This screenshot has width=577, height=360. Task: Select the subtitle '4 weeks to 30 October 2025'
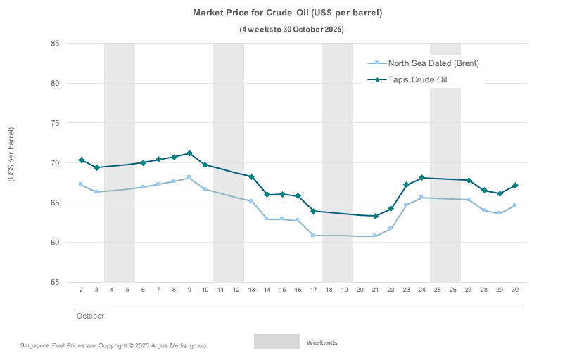[292, 30]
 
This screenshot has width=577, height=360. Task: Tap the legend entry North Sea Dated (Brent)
[433, 63]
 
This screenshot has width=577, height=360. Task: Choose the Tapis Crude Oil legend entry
[418, 80]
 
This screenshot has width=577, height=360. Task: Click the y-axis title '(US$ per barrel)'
[11, 154]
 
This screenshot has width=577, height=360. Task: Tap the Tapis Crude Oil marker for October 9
[189, 153]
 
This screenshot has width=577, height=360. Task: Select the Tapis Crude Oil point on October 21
[375, 216]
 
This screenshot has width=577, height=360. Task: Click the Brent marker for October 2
[81, 184]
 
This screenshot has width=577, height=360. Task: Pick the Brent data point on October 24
[421, 198]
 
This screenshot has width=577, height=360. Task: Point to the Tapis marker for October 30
[515, 186]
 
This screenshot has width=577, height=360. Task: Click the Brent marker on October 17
[313, 236]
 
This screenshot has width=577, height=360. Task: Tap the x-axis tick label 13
[251, 290]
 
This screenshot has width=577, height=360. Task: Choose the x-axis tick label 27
[469, 290]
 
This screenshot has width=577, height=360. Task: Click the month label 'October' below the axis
[90, 316]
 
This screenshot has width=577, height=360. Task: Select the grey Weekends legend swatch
[277, 342]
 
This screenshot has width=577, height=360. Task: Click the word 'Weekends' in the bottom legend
[322, 343]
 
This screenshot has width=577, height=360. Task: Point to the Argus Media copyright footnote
[114, 346]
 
